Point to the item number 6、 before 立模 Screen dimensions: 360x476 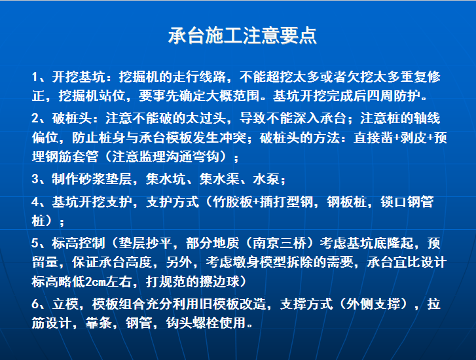pyautogui.click(x=39, y=304)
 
